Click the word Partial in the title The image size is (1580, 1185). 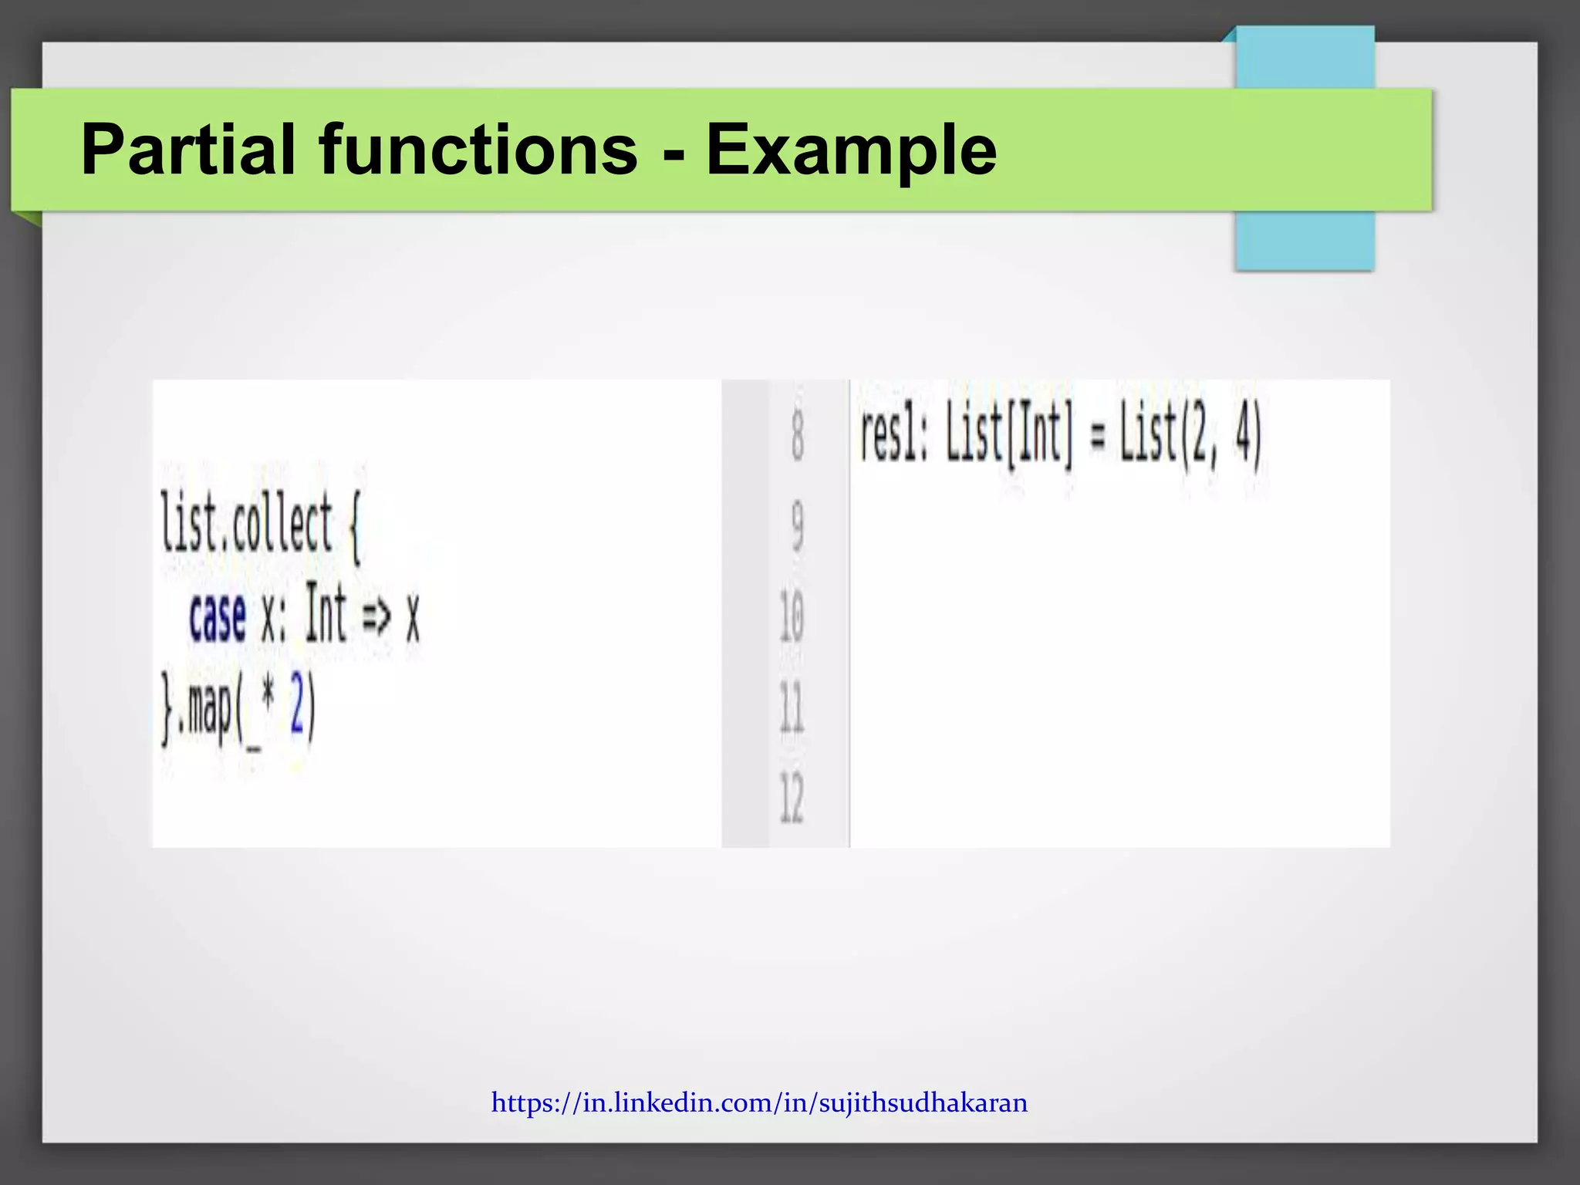pyautogui.click(x=188, y=150)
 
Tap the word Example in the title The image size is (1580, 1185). pyautogui.click(x=851, y=151)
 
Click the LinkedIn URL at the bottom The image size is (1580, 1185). pyautogui.click(x=759, y=1102)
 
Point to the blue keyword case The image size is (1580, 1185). pyautogui.click(x=217, y=617)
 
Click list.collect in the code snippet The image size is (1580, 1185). pyautogui.click(x=246, y=524)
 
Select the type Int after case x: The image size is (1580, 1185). pyautogui.click(x=325, y=614)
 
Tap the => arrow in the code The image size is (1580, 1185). pyautogui.click(x=376, y=616)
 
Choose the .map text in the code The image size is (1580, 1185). pyautogui.click(x=204, y=709)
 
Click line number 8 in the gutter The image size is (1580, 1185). pyautogui.click(x=797, y=436)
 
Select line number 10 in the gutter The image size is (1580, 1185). pyautogui.click(x=792, y=616)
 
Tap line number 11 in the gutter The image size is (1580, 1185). pyautogui.click(x=792, y=707)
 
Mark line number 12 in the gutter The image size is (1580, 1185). pyautogui.click(x=792, y=798)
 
